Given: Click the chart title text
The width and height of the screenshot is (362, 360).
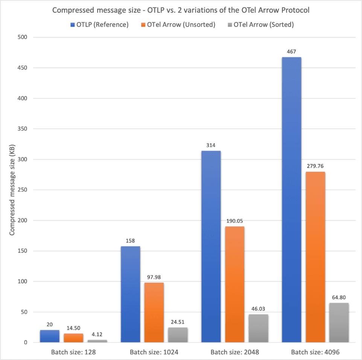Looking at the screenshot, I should (x=181, y=10).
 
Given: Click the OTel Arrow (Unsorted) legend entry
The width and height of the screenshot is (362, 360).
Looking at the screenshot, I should (x=181, y=25).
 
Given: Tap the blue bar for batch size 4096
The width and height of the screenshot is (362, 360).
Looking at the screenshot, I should (x=291, y=200).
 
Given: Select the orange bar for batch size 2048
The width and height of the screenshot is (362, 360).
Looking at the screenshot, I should (x=234, y=284).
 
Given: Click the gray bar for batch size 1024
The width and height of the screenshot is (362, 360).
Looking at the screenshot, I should (x=177, y=335).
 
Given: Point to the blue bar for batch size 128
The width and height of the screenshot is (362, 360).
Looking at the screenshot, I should (x=50, y=336).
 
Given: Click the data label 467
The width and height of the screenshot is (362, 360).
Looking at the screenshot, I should (x=291, y=51).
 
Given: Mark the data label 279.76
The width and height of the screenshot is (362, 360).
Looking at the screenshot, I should (x=315, y=166).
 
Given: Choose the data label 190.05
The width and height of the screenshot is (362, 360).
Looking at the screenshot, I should (x=234, y=221).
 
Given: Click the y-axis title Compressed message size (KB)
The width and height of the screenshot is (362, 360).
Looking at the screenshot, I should (x=12, y=190).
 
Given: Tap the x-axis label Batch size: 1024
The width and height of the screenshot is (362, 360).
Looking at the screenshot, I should (x=154, y=352).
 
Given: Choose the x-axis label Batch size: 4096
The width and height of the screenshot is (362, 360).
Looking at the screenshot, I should (x=315, y=352).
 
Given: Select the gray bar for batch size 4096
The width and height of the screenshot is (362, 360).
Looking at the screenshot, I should (x=339, y=322).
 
